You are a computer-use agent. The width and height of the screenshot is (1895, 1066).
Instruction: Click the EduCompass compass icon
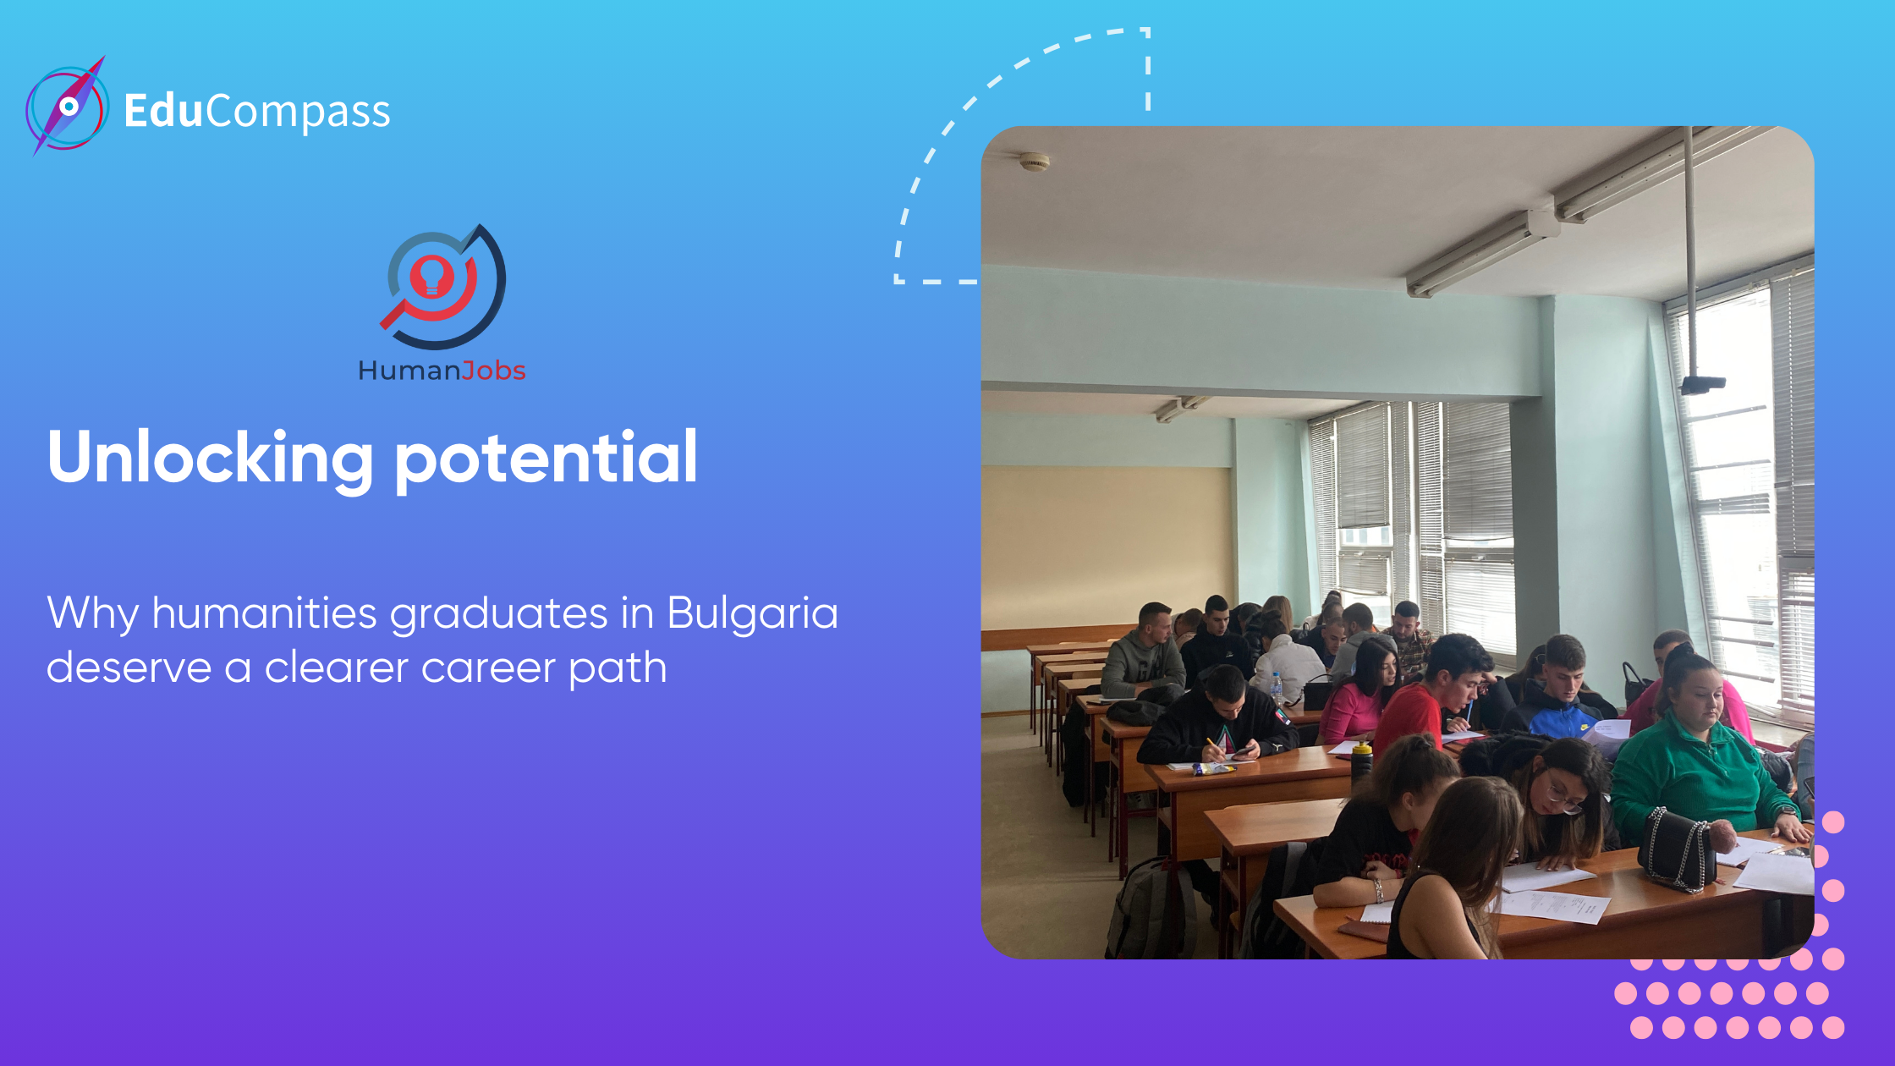67,107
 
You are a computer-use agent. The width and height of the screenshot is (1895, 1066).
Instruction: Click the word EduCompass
257,111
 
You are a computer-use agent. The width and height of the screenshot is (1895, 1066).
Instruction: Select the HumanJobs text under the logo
442,371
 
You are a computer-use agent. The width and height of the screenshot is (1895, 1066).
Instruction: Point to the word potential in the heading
547,458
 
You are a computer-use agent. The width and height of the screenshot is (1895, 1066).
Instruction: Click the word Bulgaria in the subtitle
752,613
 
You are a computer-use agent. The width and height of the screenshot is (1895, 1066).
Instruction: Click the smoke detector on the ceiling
1034,161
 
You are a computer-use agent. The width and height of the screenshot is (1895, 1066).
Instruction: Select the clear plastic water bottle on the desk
1277,689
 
